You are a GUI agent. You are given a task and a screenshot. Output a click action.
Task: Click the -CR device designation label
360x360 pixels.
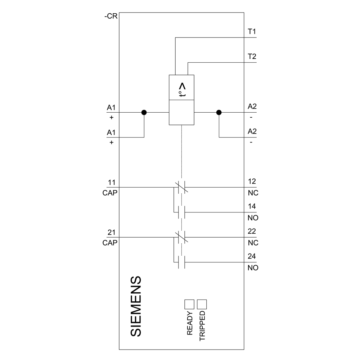(x=110, y=17)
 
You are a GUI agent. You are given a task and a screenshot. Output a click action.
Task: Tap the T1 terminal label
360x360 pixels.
(x=252, y=31)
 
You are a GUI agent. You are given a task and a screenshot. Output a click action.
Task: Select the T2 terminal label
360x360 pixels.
(x=252, y=57)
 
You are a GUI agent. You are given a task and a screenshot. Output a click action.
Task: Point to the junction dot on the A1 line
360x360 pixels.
(x=144, y=112)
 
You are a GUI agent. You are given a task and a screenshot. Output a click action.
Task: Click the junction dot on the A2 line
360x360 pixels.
(x=219, y=112)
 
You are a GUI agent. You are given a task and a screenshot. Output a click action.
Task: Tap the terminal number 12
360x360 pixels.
(x=252, y=181)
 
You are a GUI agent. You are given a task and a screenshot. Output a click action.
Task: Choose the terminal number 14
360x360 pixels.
(x=252, y=207)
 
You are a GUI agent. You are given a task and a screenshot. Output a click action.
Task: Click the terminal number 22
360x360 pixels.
(x=252, y=231)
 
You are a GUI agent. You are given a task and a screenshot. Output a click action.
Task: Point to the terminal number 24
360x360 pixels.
(x=252, y=257)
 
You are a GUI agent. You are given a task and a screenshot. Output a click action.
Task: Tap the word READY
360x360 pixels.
(x=190, y=323)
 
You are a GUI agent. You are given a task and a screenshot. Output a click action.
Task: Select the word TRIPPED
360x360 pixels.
(x=202, y=326)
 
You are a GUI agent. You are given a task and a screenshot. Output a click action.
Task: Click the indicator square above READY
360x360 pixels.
(x=189, y=304)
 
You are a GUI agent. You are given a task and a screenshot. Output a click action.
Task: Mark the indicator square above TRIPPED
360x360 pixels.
(x=202, y=304)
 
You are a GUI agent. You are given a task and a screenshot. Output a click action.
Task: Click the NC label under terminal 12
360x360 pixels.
(x=253, y=193)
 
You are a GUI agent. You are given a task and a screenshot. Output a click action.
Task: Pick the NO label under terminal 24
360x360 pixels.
(x=253, y=268)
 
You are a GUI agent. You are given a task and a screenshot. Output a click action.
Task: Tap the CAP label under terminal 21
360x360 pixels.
(x=110, y=243)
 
